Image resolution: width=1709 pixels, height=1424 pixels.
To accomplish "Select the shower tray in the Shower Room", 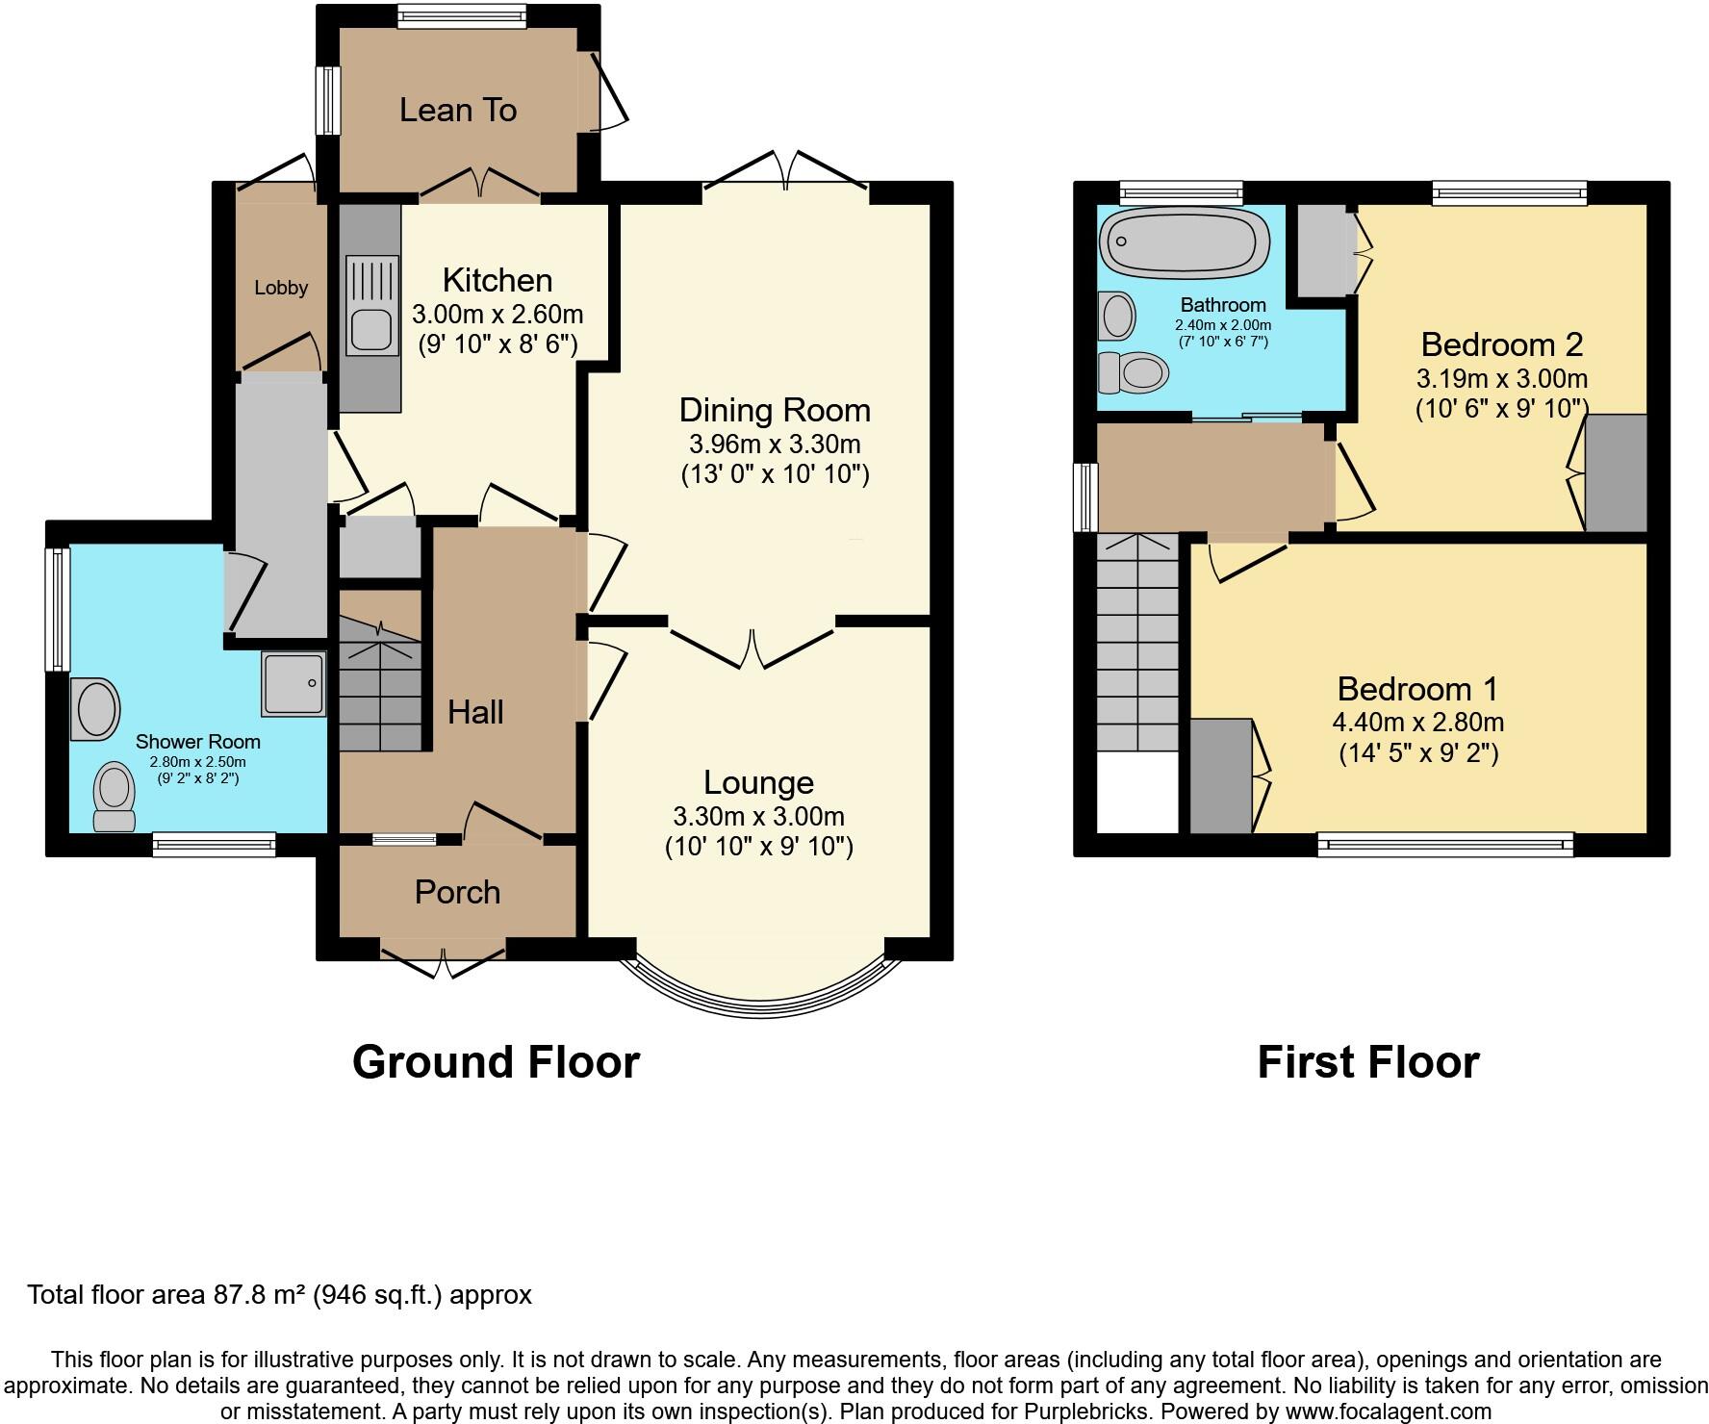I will point(293,684).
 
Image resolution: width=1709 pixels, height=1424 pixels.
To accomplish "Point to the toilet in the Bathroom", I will point(1134,371).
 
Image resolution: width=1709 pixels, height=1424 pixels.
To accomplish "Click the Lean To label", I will point(458,111).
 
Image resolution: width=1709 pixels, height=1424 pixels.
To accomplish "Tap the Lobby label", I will point(281,288).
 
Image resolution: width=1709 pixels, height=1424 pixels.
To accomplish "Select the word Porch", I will point(457,892).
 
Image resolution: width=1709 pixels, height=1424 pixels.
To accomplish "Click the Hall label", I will point(475,712).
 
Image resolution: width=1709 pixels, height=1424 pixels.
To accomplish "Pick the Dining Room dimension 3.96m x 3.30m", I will point(774,445).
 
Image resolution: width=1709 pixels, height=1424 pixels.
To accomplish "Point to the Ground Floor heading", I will point(496,1062).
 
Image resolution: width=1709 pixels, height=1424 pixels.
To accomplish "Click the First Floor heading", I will point(1367,1062).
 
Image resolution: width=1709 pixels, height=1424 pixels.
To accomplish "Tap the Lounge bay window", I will point(760,1010).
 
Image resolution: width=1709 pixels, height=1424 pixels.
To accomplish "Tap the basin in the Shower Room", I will point(95,709).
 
